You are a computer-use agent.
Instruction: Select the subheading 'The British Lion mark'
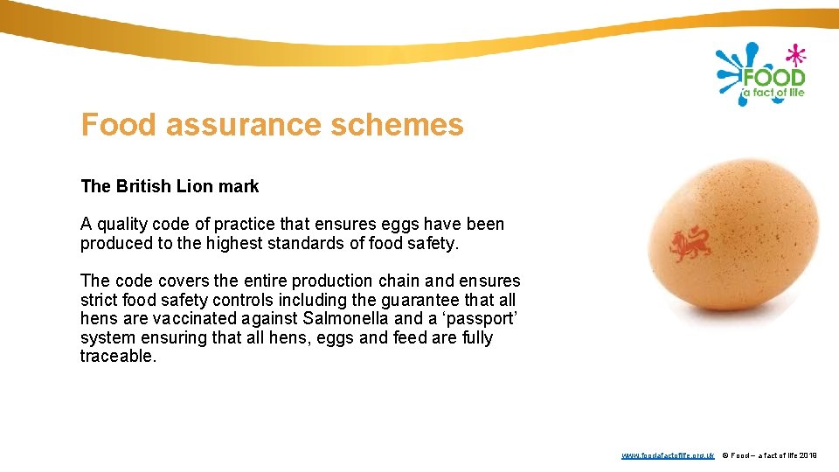click(x=170, y=186)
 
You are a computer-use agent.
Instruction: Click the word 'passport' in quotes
click(x=479, y=318)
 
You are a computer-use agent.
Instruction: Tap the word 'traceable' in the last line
click(x=117, y=357)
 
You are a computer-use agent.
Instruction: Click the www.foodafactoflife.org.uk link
click(x=668, y=455)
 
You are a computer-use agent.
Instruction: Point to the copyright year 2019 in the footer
click(x=808, y=455)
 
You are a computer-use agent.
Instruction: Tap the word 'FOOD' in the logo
click(x=773, y=77)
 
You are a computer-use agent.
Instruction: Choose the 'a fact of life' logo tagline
click(x=773, y=93)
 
